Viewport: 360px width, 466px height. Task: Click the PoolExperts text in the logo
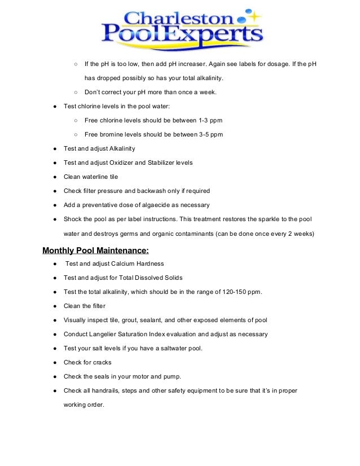182,36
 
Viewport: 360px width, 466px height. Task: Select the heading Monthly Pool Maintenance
96,250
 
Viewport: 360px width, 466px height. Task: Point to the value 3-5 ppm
212,134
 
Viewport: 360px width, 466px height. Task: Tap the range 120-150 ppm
244,292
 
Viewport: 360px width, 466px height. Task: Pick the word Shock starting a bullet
73,218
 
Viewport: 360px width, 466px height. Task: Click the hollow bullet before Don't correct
75,92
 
